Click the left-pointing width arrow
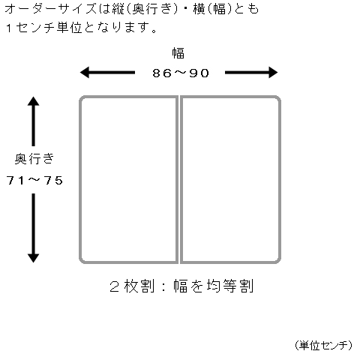click(x=107, y=73)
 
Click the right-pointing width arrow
click(x=251, y=73)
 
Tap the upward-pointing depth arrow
click(x=33, y=121)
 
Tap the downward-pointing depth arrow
click(x=33, y=228)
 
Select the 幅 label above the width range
click(x=178, y=53)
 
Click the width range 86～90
click(x=181, y=73)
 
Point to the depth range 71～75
click(x=34, y=180)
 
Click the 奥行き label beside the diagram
click(x=34, y=159)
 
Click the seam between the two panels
click(x=179, y=179)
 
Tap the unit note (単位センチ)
click(x=323, y=345)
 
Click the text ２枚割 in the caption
click(x=132, y=286)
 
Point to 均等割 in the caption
click(x=230, y=286)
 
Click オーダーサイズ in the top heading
click(x=50, y=9)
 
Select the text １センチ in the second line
click(x=30, y=28)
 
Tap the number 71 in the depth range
click(x=16, y=180)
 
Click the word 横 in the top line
click(x=199, y=9)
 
